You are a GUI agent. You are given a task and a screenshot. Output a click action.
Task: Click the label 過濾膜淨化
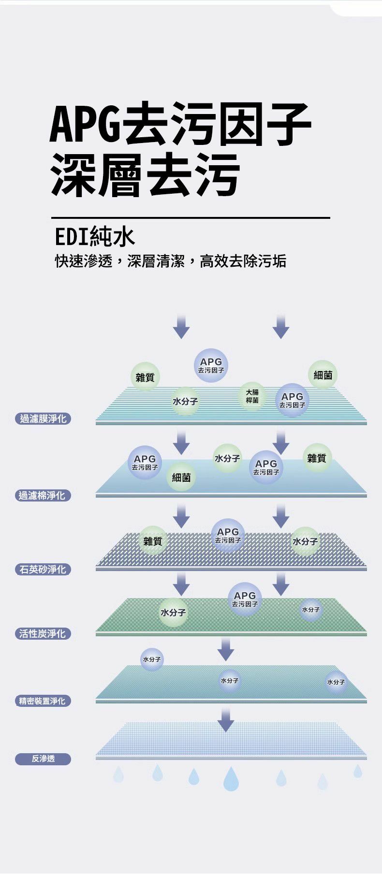click(x=43, y=419)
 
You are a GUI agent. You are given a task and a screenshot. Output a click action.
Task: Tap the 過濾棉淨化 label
click(x=43, y=495)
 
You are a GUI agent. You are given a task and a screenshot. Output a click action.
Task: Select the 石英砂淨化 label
click(x=43, y=570)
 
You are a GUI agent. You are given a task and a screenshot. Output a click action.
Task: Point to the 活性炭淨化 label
click(x=43, y=634)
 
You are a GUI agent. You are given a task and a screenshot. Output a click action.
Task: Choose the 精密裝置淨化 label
click(x=43, y=701)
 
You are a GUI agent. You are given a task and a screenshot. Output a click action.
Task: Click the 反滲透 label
click(x=43, y=759)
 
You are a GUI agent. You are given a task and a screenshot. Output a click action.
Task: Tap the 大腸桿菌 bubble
click(x=252, y=396)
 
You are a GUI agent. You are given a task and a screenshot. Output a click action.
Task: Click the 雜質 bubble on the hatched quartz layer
click(x=153, y=541)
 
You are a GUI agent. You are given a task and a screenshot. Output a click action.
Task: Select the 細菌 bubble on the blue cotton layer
click(x=181, y=477)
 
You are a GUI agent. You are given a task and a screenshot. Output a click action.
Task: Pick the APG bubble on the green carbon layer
click(x=245, y=599)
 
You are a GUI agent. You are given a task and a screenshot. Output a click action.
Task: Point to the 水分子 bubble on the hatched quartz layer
click(x=305, y=541)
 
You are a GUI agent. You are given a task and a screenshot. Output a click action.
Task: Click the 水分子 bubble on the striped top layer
click(x=185, y=401)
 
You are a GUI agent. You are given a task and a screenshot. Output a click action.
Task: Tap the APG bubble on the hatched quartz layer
click(x=228, y=535)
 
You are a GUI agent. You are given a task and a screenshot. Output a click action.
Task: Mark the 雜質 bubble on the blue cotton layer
click(x=317, y=458)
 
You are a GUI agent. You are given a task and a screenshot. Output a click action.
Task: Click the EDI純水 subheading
click(x=95, y=237)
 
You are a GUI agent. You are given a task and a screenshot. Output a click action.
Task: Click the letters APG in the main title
click(x=86, y=124)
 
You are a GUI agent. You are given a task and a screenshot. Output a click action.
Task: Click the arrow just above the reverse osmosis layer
click(x=225, y=720)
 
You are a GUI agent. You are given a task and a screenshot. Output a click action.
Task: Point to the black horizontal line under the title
click(x=191, y=218)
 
